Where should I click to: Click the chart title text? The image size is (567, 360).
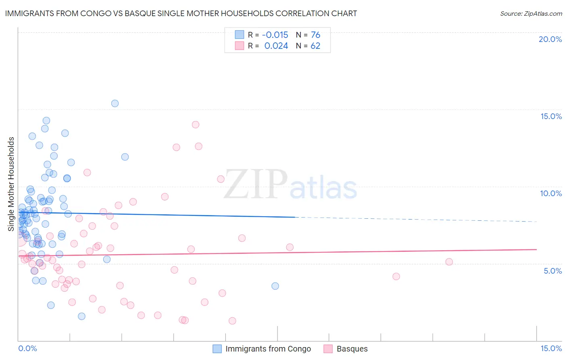(x=181, y=13)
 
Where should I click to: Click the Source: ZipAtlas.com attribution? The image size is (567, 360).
(x=531, y=13)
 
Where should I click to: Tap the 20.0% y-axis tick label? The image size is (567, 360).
(x=550, y=39)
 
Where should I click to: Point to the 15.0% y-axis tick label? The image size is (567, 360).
(x=551, y=116)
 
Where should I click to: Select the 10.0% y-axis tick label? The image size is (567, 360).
(x=551, y=193)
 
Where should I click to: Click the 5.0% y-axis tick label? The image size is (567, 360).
(x=552, y=271)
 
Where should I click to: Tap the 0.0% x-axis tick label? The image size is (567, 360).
(x=27, y=348)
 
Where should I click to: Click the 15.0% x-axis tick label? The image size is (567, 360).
(x=551, y=348)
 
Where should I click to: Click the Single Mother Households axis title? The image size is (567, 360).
(x=11, y=184)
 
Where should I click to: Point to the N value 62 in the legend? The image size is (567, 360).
(x=315, y=46)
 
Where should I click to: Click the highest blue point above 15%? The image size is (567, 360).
(x=115, y=103)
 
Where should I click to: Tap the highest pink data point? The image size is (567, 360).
(x=196, y=124)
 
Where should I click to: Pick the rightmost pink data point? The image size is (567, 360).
(x=449, y=262)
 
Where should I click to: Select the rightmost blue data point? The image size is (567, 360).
(x=275, y=286)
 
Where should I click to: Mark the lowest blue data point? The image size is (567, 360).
(x=81, y=316)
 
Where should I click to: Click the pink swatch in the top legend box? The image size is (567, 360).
(x=240, y=46)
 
